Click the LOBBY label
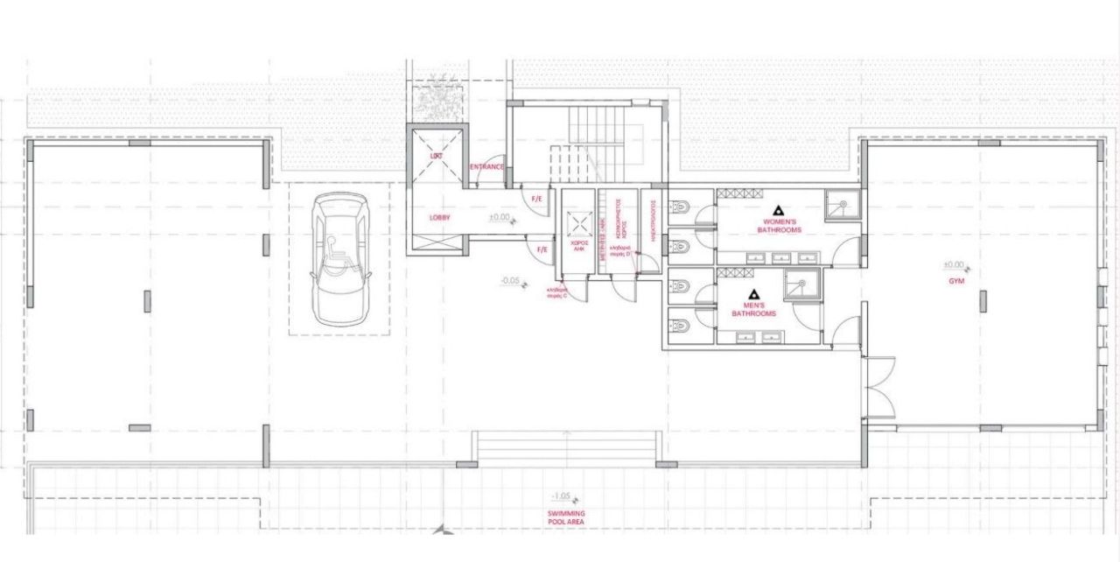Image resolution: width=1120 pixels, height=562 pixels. tap(439, 217)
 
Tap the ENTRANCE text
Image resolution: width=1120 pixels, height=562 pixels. tap(486, 167)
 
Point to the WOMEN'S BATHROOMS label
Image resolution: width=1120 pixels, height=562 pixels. tap(779, 226)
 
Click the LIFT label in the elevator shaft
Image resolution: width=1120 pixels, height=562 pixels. tap(437, 156)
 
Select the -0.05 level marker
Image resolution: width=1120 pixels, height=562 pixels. tap(510, 281)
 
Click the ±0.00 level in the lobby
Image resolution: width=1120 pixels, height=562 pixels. tap(500, 217)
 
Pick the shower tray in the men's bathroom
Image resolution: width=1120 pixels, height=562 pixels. tap(801, 285)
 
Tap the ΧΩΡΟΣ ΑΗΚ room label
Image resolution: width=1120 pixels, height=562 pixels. tap(578, 245)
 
